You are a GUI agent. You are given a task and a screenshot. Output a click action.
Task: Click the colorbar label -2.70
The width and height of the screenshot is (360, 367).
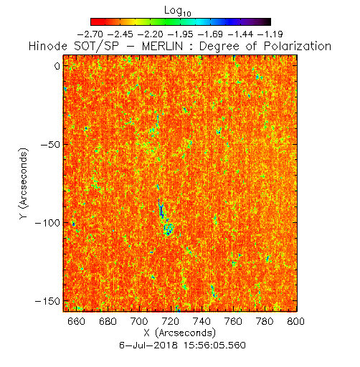(90, 34)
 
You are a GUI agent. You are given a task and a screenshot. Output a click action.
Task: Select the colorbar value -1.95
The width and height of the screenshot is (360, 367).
(181, 34)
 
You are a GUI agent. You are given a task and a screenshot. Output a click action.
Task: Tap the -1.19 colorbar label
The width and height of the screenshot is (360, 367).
(270, 34)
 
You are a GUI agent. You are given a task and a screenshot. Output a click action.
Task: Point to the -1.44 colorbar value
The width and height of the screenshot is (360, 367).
(240, 34)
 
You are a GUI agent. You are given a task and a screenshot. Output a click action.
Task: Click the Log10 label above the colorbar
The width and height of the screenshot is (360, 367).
(178, 11)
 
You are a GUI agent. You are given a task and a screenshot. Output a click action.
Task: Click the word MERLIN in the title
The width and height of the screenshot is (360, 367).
(163, 46)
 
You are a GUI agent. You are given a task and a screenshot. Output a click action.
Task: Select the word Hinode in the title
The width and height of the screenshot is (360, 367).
(48, 46)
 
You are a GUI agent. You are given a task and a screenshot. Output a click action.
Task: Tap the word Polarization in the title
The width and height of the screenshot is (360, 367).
(298, 46)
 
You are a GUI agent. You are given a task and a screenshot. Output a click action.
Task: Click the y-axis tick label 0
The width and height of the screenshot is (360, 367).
(57, 66)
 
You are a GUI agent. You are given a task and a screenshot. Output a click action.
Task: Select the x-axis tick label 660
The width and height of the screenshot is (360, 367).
(76, 321)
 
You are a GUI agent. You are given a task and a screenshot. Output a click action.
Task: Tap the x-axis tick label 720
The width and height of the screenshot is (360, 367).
(171, 321)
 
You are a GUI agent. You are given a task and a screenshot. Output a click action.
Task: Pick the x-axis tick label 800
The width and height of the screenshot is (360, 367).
(296, 321)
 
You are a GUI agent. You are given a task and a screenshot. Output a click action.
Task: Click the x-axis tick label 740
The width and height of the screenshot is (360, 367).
(202, 321)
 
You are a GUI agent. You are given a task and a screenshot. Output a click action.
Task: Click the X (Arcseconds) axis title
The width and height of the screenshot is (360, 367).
(180, 333)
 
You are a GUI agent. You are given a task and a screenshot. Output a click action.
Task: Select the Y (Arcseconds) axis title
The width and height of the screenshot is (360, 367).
(24, 183)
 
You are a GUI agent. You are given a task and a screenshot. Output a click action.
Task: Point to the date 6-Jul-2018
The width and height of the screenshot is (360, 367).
(148, 345)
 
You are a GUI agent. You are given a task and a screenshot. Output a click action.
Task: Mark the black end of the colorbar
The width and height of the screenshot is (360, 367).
(268, 22)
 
